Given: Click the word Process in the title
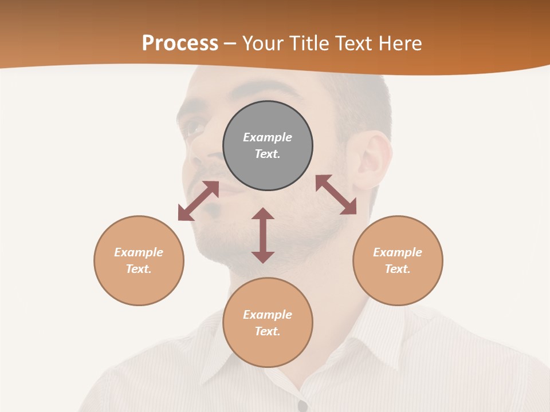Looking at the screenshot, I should click(x=180, y=43).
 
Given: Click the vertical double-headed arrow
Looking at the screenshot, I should click(x=263, y=235).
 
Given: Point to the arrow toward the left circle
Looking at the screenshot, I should click(x=198, y=201).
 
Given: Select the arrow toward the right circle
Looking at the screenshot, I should click(x=336, y=195).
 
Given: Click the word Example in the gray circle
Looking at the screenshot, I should click(x=268, y=137).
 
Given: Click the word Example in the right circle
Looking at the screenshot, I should click(x=398, y=252).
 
